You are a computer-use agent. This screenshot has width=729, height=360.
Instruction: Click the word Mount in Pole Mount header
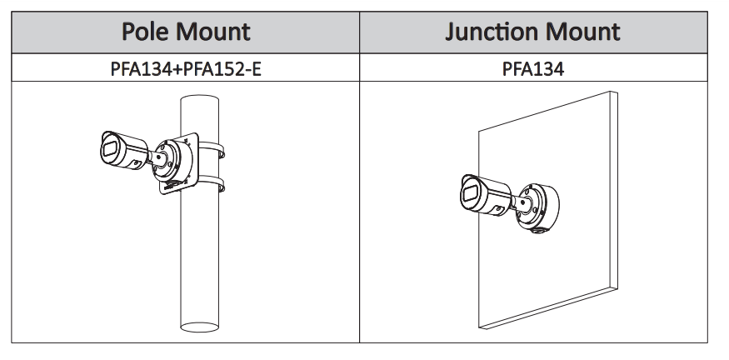tap(212, 32)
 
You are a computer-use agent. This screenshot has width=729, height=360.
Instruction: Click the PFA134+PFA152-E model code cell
tap(185, 69)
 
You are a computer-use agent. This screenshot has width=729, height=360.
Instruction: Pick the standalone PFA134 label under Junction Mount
tap(533, 69)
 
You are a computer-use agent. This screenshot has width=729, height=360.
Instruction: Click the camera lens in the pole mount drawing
tap(109, 150)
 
